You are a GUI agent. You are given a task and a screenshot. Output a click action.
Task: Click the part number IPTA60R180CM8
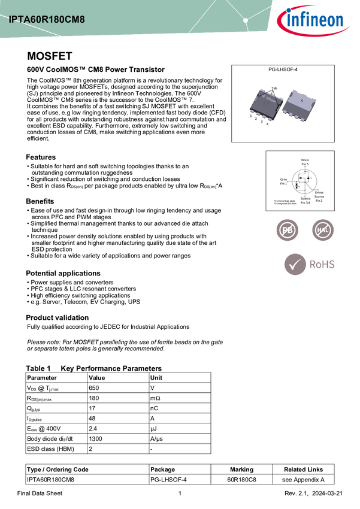tap(47, 19)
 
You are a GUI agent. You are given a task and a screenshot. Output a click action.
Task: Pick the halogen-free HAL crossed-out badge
tap(323, 230)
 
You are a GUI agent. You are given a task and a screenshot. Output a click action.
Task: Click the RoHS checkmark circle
tap(294, 264)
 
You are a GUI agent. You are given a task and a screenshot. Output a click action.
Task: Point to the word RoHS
tap(321, 264)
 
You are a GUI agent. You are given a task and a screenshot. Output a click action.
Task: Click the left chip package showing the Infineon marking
tap(266, 104)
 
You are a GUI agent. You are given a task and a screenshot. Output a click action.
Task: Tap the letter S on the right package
tap(302, 101)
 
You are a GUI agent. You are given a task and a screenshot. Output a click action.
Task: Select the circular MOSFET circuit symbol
tap(304, 180)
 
